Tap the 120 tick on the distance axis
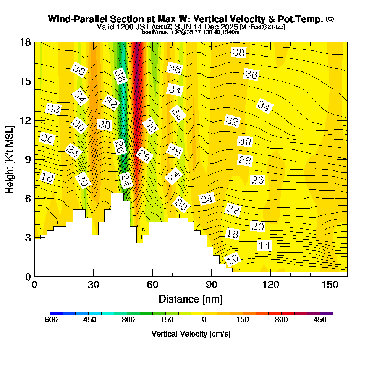click(270, 285)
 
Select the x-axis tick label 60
click(152, 285)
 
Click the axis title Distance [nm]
click(191, 299)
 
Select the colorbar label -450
click(88, 320)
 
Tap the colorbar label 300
click(282, 320)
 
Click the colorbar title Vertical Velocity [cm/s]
click(191, 334)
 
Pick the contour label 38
click(238, 53)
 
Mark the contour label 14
click(264, 246)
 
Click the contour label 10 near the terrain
click(233, 259)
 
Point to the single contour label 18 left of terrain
click(48, 177)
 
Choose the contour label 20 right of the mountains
click(257, 227)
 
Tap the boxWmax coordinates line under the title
click(191, 32)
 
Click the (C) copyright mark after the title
click(330, 19)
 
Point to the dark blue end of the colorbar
click(53, 313)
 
